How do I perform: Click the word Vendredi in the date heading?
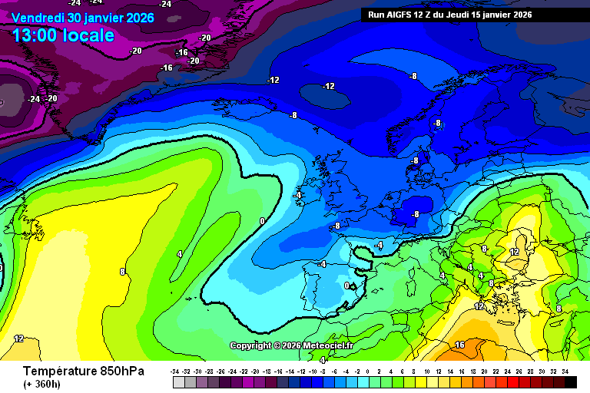tap(38, 18)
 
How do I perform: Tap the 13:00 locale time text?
tap(63, 35)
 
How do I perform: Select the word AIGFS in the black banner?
tap(404, 15)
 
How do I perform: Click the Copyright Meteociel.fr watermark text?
tap(291, 345)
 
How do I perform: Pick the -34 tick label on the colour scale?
tap(178, 371)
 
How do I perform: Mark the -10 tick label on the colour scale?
tap(314, 371)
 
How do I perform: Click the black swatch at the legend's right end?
tap(570, 381)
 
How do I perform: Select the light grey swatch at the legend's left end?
tap(178, 381)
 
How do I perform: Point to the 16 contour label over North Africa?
tap(459, 345)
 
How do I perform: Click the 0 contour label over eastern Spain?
tap(346, 286)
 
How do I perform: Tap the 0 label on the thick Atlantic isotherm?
tap(262, 221)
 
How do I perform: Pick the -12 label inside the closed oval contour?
tap(329, 86)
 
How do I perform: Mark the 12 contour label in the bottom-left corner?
tap(18, 338)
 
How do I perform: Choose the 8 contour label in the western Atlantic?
tap(121, 272)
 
